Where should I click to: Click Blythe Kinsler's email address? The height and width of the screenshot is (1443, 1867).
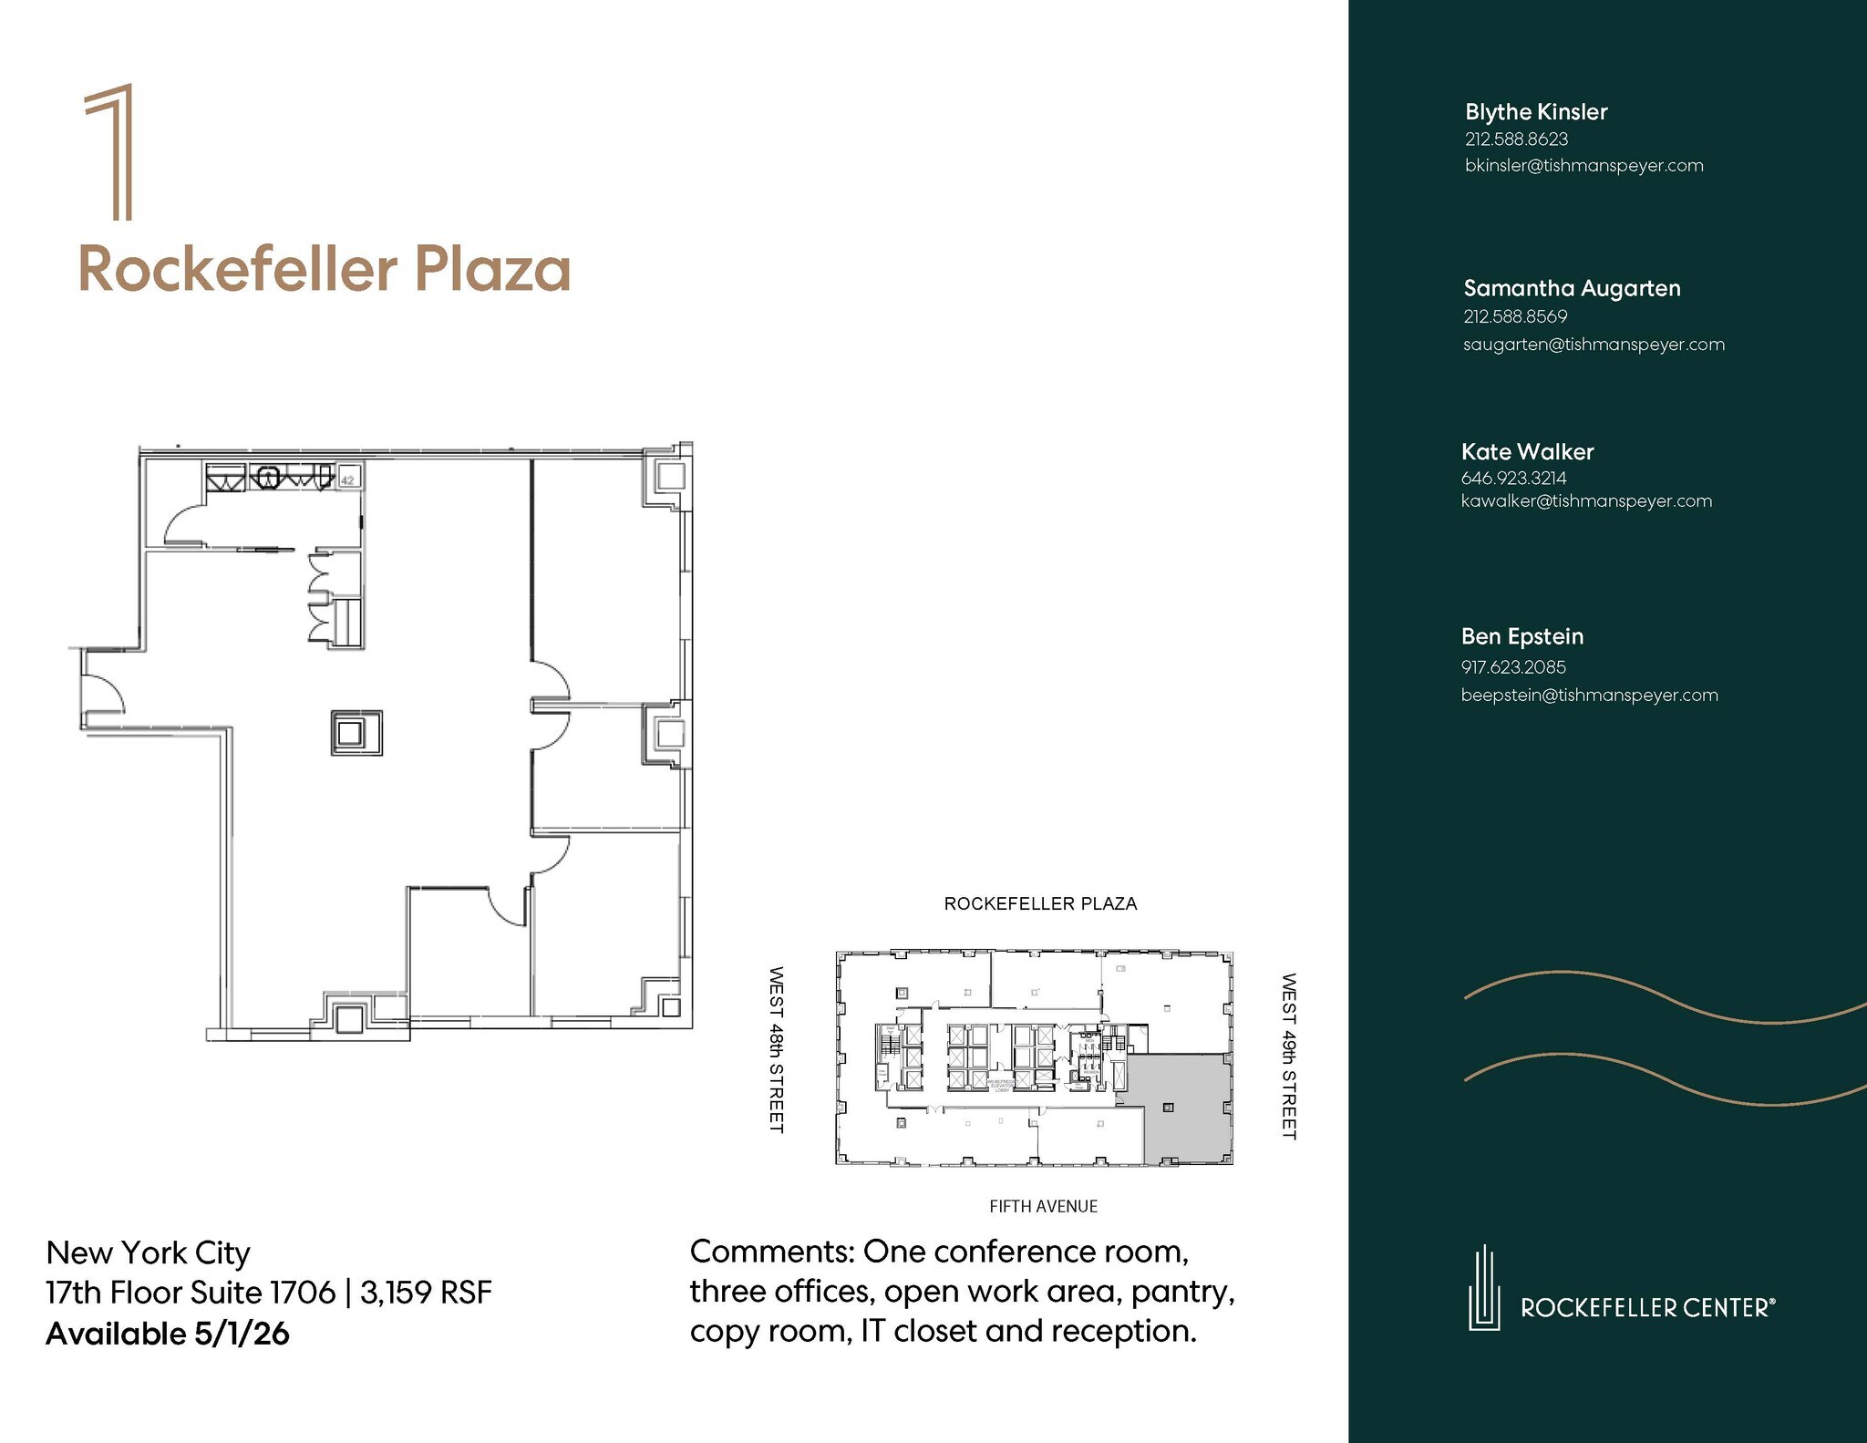pos(1583,166)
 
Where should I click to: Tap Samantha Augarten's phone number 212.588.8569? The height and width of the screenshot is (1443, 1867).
pos(1515,316)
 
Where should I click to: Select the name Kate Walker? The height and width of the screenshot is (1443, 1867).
pos(1527,451)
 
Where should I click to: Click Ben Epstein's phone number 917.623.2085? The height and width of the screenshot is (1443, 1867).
pos(1513,666)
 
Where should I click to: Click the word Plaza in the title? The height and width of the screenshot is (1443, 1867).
pos(492,270)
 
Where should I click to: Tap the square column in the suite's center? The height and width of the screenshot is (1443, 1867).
pos(356,733)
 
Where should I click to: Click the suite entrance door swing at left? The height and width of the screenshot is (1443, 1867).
pos(101,691)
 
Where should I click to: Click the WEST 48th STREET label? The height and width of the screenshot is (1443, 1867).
pos(776,1049)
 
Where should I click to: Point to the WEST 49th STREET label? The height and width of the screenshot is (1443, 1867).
pos(1288,1056)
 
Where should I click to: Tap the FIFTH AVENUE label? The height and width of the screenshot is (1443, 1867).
pos(1043,1206)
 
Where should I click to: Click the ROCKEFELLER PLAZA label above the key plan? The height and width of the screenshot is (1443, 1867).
pos(1040,903)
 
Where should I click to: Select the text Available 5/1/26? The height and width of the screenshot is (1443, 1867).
pos(168,1334)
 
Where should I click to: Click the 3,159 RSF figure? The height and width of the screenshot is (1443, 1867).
pos(426,1293)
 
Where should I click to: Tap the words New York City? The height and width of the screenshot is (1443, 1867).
pos(148,1252)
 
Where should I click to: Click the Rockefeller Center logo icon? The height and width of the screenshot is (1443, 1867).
pos(1484,1287)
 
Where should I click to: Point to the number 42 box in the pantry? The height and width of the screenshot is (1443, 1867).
pos(348,478)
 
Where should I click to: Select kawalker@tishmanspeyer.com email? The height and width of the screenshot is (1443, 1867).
pos(1586,501)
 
